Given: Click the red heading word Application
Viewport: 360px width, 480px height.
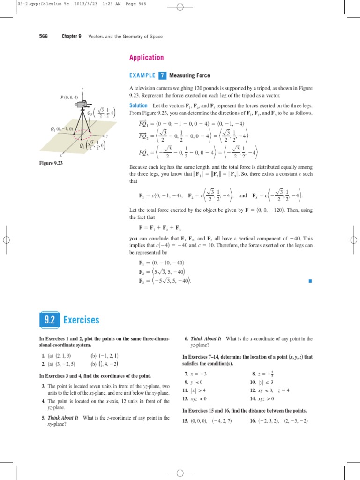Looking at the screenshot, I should coord(146,58).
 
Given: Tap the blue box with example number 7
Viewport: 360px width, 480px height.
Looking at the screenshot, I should coord(162,75).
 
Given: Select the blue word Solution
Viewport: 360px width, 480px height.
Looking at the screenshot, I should coord(139,105).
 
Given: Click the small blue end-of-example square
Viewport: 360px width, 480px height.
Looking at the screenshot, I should coord(310,281).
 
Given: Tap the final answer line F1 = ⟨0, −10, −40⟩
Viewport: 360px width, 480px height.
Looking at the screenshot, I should coord(161,263).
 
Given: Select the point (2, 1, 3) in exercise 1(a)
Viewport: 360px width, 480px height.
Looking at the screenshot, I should coord(63,356).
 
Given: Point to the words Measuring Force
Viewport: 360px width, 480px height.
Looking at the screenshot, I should coord(189,75).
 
